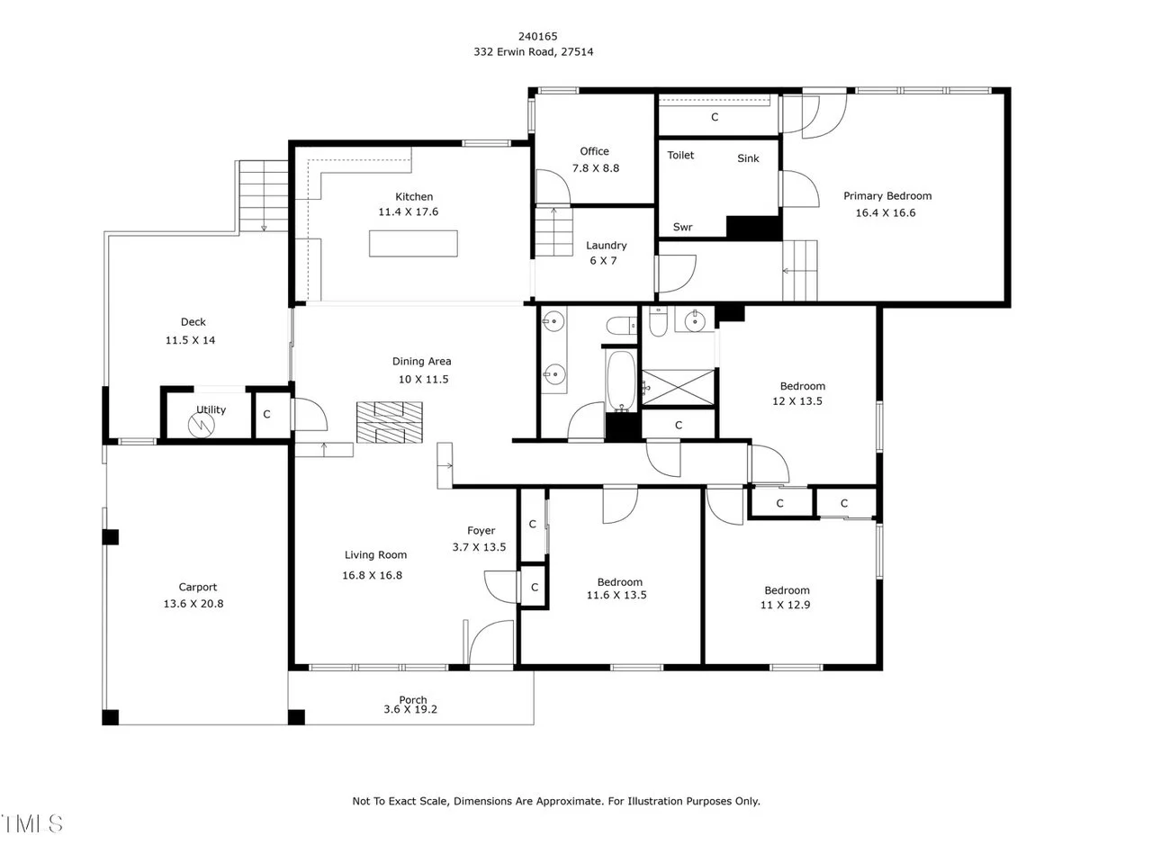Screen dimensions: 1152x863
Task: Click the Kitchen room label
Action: coord(414,197)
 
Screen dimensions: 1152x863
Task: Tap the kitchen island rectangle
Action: coord(413,244)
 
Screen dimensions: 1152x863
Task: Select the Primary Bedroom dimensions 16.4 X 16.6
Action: coord(886,213)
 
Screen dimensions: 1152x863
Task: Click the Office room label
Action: coord(594,151)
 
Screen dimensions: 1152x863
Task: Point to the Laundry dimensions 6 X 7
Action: coord(603,261)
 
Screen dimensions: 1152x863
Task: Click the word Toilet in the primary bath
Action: coord(680,156)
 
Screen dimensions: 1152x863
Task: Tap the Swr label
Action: coord(682,227)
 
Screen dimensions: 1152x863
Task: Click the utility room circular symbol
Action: coord(201,425)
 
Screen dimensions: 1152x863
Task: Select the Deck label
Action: coord(193,322)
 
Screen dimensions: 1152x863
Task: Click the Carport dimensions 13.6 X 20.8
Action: coord(193,604)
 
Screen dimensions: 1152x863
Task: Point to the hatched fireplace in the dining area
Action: coord(390,422)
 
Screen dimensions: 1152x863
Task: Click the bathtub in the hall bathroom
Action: coord(621,380)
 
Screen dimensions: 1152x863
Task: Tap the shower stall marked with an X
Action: coord(678,387)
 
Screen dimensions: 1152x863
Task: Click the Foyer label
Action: coord(481,531)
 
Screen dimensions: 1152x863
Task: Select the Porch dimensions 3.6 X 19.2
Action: coord(409,710)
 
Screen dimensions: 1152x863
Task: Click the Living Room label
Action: coord(375,555)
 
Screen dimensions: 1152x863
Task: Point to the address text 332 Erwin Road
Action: coord(514,52)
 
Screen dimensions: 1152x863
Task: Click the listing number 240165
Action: coord(537,37)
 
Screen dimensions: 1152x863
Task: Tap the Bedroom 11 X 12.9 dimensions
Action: coord(785,605)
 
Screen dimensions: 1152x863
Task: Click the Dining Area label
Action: coord(421,362)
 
